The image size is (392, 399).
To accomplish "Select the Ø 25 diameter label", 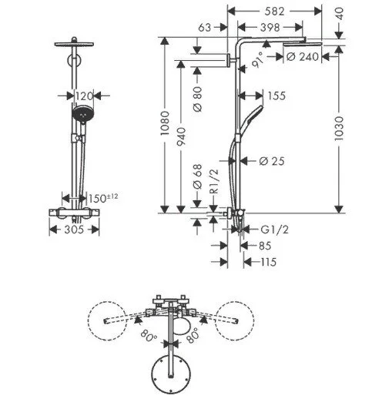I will coord(273,161).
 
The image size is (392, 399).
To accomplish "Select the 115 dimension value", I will coord(267,263).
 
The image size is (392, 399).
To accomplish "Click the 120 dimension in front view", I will coord(83,96).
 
